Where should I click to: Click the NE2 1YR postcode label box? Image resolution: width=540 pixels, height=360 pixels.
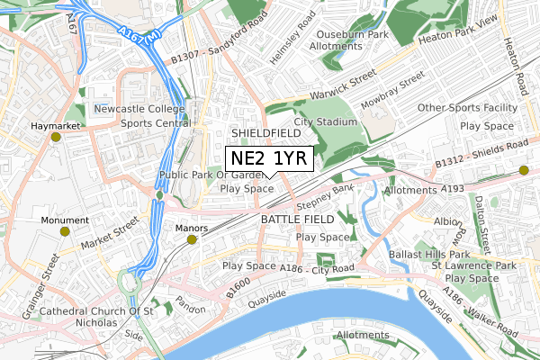pos(269,158)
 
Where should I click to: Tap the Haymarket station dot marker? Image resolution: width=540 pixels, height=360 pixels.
pos(56,138)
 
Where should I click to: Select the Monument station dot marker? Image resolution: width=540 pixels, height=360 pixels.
pos(64,231)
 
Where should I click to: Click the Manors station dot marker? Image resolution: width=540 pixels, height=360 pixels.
pos(192,239)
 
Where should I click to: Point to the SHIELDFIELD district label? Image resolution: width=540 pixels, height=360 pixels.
pos(265,132)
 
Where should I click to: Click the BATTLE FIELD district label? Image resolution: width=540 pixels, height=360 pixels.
pos(297,219)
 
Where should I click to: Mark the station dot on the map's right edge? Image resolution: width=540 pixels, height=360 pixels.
pos(524,169)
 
